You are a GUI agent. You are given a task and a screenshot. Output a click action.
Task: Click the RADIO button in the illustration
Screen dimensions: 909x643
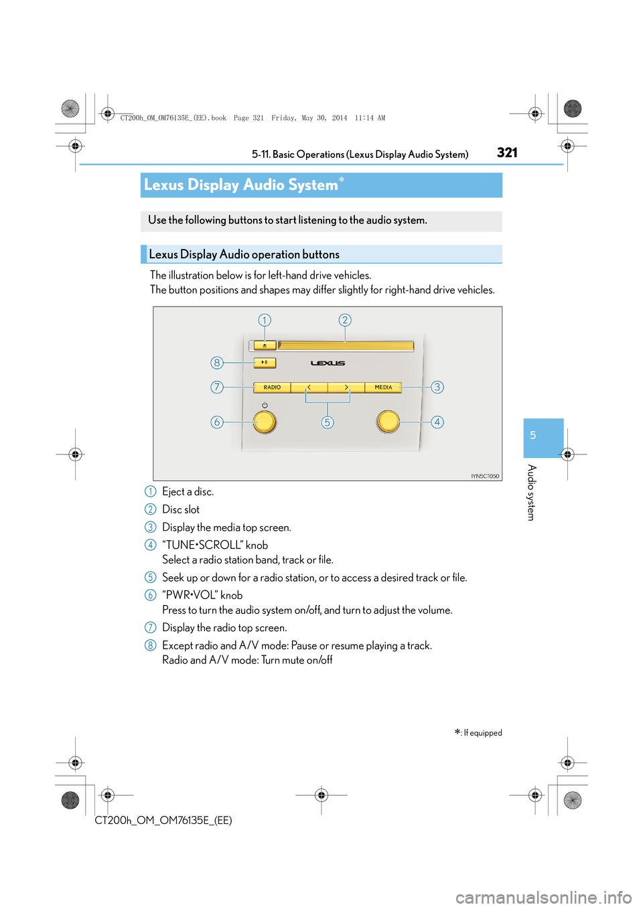coord(272,388)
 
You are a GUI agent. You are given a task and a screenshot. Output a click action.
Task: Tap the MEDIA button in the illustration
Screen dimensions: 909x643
coord(383,388)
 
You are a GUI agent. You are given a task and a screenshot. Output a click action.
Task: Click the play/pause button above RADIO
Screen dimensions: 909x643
coord(265,363)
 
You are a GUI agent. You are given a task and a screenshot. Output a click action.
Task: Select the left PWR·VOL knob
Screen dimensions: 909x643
coord(265,422)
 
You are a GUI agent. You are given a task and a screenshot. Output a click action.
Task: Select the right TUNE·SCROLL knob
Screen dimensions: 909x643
coord(388,422)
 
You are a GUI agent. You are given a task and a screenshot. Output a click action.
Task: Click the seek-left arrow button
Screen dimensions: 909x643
coord(309,388)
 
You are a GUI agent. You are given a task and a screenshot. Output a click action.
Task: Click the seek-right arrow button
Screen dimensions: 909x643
coord(346,388)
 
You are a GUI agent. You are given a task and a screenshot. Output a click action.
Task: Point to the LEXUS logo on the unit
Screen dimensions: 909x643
coord(328,363)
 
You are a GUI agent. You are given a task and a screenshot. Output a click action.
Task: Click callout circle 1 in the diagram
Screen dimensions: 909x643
coord(265,320)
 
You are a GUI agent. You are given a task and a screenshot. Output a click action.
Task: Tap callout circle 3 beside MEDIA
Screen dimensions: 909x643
coord(437,387)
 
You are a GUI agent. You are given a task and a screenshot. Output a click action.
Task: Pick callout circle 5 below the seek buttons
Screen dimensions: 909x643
coord(327,422)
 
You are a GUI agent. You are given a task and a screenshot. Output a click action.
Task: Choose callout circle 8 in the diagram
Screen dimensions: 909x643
coord(216,363)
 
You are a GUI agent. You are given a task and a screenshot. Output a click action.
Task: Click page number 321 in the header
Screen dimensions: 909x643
coord(507,153)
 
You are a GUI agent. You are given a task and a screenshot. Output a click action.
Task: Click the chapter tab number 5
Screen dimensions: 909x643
coord(533,436)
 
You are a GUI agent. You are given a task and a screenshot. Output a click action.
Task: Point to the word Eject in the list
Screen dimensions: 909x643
coord(173,492)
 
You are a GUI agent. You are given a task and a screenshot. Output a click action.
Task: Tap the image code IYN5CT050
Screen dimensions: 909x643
coord(485,477)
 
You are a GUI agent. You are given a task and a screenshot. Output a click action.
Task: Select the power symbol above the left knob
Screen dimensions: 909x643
coord(265,406)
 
